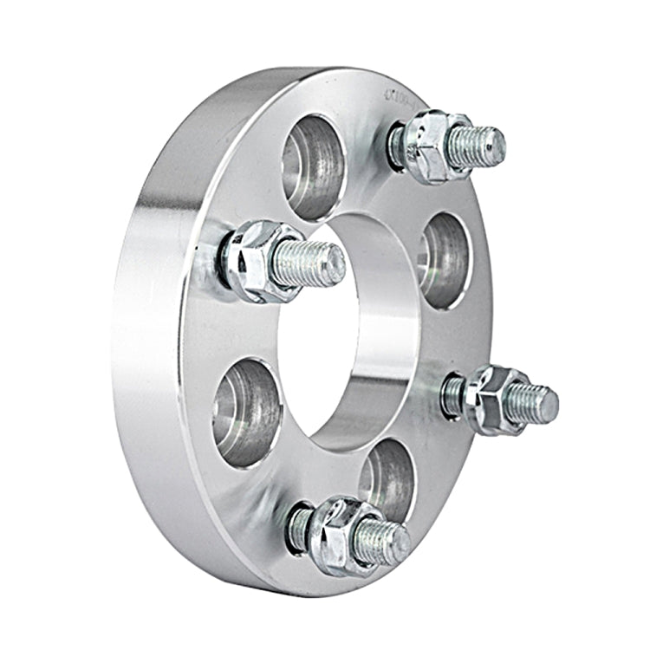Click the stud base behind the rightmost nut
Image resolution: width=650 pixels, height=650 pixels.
coord(453,394)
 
